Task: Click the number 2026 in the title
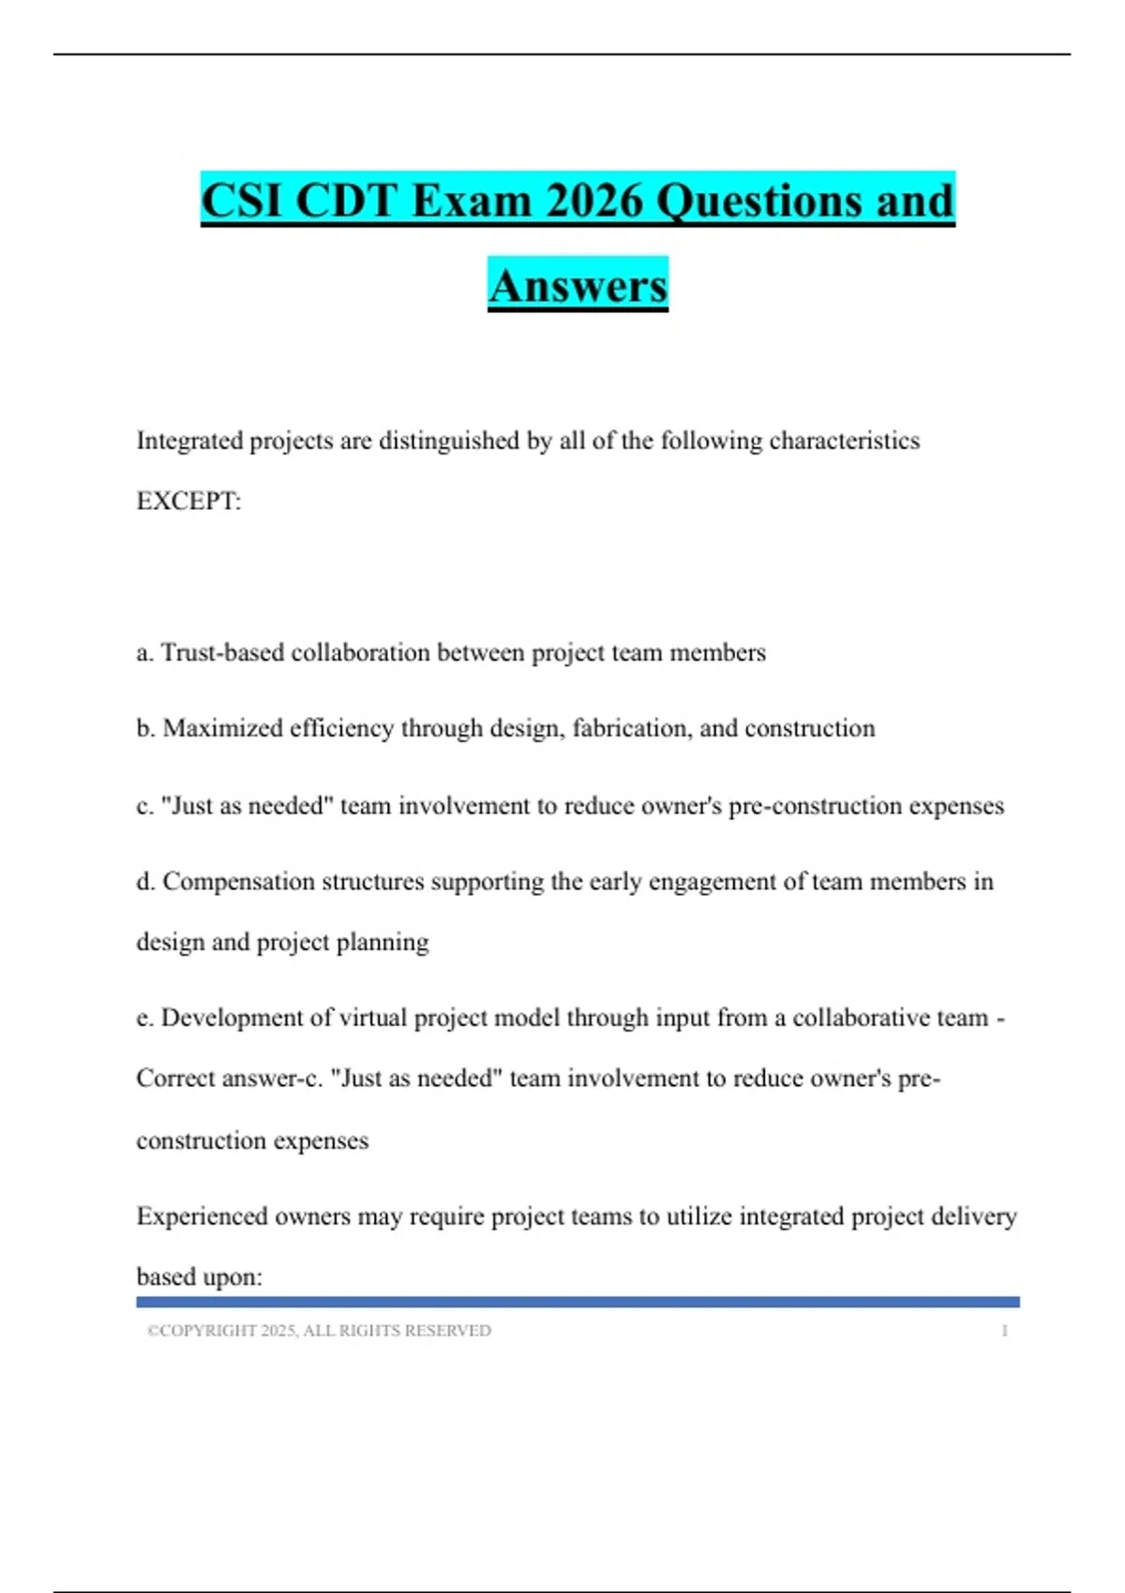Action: point(594,201)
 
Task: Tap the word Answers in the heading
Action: point(577,286)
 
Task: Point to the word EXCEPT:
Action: point(188,501)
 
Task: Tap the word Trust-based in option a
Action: point(222,652)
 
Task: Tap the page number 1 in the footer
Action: point(1004,1331)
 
